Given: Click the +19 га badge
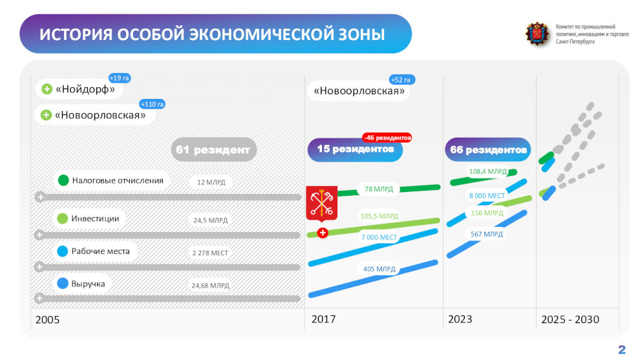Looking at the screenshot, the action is pyautogui.click(x=120, y=78).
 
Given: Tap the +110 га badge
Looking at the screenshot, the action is pyautogui.click(x=153, y=105).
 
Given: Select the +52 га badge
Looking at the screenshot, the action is pyautogui.click(x=402, y=79).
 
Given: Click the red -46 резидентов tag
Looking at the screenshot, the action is pyautogui.click(x=387, y=138).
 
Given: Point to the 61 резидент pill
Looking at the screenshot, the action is pyautogui.click(x=213, y=149).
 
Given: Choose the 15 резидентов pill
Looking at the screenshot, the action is pyautogui.click(x=355, y=149).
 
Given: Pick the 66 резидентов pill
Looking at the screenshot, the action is pyautogui.click(x=488, y=149).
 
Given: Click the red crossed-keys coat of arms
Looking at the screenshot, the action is pyautogui.click(x=322, y=203).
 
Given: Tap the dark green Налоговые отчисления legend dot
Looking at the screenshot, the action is pyautogui.click(x=63, y=180).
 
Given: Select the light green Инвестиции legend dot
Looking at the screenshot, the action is pyautogui.click(x=63, y=218).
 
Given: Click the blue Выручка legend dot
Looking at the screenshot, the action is pyautogui.click(x=63, y=284).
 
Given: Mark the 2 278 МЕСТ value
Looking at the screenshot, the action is pyautogui.click(x=210, y=253).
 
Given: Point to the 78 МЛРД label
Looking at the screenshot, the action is pyautogui.click(x=379, y=189).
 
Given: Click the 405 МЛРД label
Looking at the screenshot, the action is pyautogui.click(x=379, y=269).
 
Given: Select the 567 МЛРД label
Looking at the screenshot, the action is pyautogui.click(x=487, y=234).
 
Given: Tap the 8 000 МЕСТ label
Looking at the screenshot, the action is pyautogui.click(x=487, y=195).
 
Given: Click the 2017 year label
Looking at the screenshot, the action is pyautogui.click(x=324, y=319).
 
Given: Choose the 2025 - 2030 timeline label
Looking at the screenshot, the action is pyautogui.click(x=570, y=319).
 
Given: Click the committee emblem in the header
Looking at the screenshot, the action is pyautogui.click(x=537, y=34).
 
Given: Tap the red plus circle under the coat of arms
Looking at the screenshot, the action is pyautogui.click(x=323, y=233).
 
